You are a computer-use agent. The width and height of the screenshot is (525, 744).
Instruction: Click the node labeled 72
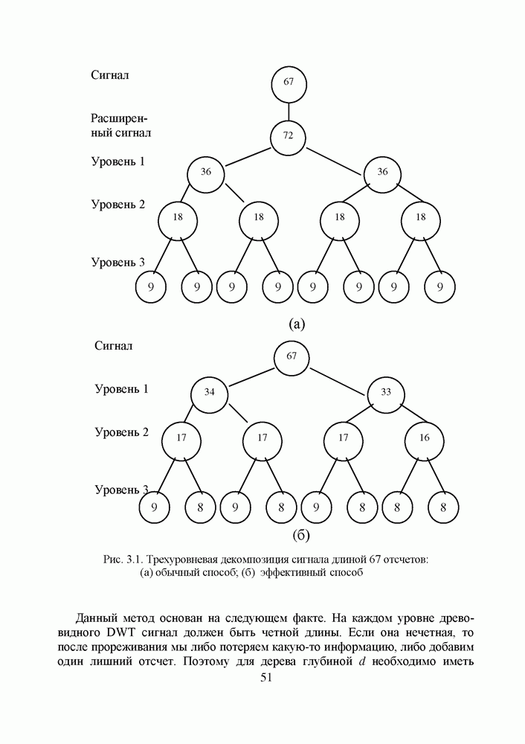coord(289,136)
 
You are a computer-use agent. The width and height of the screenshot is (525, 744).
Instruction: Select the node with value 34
coord(210,392)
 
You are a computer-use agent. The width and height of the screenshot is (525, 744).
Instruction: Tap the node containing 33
coord(386,392)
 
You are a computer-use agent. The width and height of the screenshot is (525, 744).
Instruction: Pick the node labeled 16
coord(424,438)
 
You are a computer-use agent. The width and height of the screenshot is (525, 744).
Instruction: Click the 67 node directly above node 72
coord(289,81)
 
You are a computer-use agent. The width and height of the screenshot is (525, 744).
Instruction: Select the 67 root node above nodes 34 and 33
coord(292,356)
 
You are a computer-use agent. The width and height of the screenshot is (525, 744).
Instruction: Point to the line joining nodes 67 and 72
coord(289,109)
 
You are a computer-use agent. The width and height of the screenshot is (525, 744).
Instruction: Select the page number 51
coord(268,677)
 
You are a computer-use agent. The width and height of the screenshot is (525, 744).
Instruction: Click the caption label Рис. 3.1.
coord(122,559)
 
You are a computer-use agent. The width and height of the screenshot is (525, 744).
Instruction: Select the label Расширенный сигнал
coord(120,126)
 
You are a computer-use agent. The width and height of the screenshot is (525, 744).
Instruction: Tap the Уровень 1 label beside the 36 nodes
coord(118,161)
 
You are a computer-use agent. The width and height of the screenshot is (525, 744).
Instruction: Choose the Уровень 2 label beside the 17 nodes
coord(122,432)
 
